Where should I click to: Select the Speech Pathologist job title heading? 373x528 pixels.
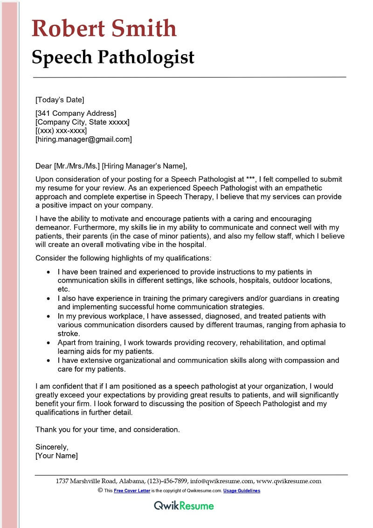point(113,57)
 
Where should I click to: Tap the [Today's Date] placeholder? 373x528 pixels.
point(60,99)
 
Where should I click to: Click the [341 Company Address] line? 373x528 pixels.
point(76,113)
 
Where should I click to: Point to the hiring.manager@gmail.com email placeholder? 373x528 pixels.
point(83,139)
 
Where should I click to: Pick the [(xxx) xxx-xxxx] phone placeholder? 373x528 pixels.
point(61,131)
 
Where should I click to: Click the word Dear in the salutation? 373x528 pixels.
point(44,166)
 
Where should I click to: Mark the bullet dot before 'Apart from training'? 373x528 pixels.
point(48,343)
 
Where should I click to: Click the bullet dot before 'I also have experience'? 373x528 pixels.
point(48,298)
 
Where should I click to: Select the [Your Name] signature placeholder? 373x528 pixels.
point(56,456)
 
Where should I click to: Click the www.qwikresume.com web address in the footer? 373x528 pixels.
point(289,481)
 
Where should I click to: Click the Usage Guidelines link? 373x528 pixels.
point(242,491)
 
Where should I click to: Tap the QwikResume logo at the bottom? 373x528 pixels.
point(184,506)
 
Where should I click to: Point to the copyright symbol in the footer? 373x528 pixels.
point(100,490)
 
